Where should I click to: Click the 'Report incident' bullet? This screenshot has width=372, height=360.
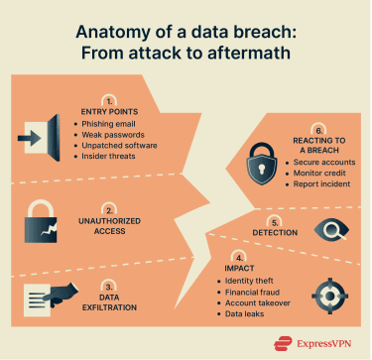[318, 185]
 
